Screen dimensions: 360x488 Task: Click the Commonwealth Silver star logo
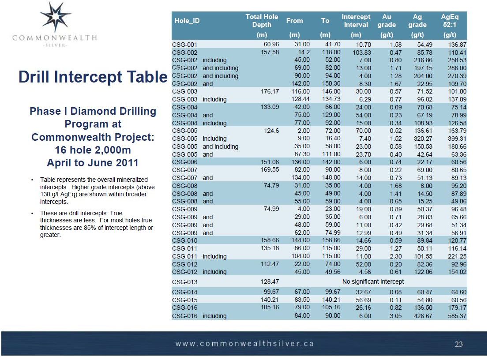(55, 17)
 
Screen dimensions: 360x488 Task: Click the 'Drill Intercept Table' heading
(93, 77)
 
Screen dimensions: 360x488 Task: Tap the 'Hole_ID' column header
(187, 21)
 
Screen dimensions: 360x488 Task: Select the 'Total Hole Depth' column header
(262, 21)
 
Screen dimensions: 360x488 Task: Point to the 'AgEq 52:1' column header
(450, 21)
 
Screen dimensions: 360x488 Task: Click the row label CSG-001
(185, 45)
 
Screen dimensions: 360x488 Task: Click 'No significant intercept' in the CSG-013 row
(373, 281)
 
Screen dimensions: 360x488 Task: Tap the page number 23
(459, 344)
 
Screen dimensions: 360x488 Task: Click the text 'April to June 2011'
(93, 163)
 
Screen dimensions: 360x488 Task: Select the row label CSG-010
(185, 241)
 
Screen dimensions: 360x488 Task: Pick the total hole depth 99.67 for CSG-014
(270, 292)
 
